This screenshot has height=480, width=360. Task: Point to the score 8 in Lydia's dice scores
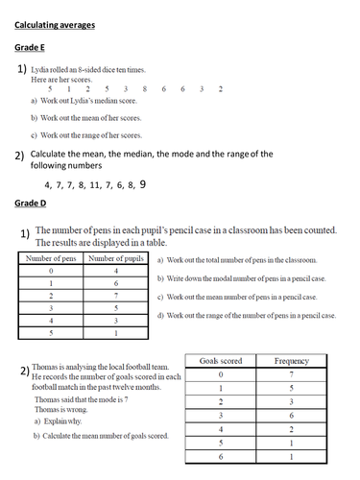point(144,88)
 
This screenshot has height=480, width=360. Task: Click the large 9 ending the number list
point(143,182)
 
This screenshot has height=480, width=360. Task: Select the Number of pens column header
point(51,258)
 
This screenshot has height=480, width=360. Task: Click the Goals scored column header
point(221,361)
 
